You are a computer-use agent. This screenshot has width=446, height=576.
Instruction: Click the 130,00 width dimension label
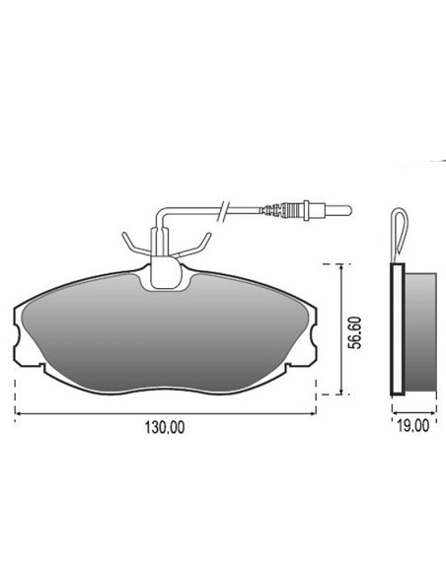165,427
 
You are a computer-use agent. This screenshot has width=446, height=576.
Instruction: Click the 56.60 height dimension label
355,332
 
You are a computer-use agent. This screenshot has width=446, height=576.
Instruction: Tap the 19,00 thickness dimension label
412,426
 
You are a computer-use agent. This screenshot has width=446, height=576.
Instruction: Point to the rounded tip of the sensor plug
349,210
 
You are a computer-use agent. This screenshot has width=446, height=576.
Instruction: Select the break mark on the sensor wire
223,211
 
